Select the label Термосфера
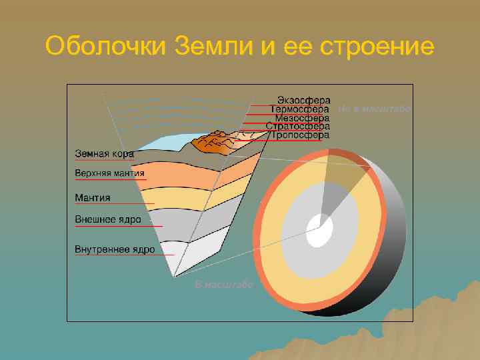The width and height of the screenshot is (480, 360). click(299, 109)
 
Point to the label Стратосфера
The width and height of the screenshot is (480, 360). click(297, 126)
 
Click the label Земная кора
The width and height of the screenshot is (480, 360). click(103, 153)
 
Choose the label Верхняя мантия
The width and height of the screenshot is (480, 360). click(109, 174)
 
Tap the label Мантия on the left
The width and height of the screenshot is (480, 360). click(92, 197)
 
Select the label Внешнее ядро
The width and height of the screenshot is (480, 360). click(107, 219)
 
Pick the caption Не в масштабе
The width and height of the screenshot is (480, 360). click(374, 108)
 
